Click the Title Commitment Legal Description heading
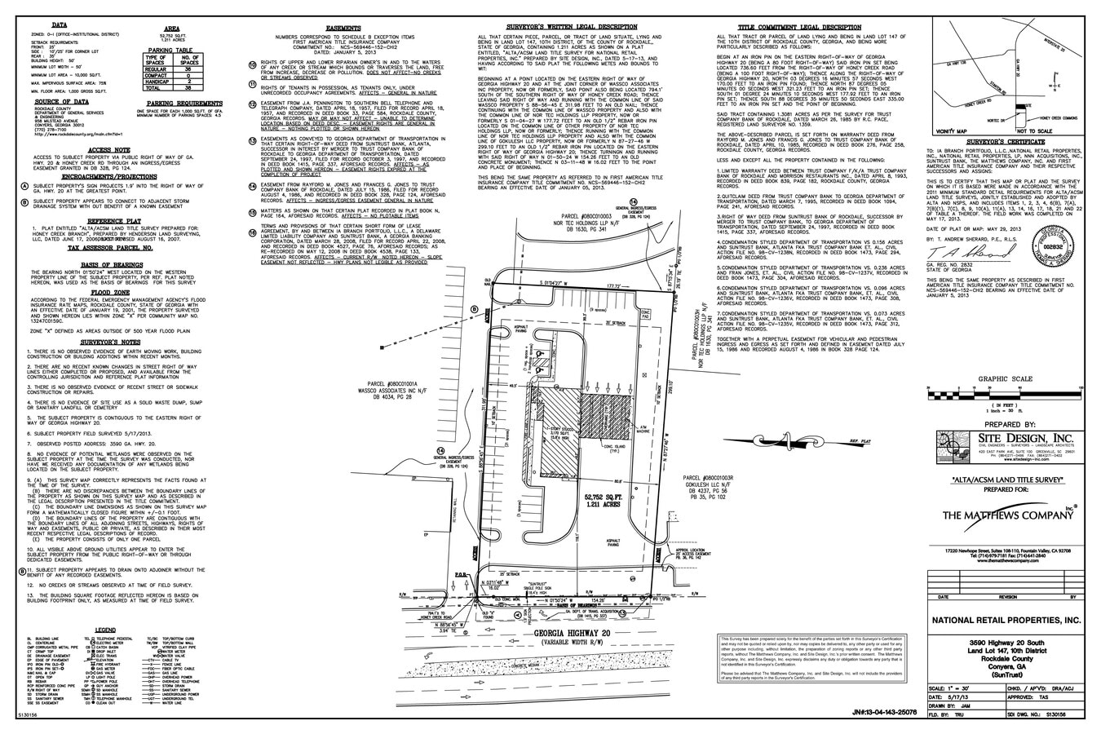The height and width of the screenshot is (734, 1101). tap(799, 26)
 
